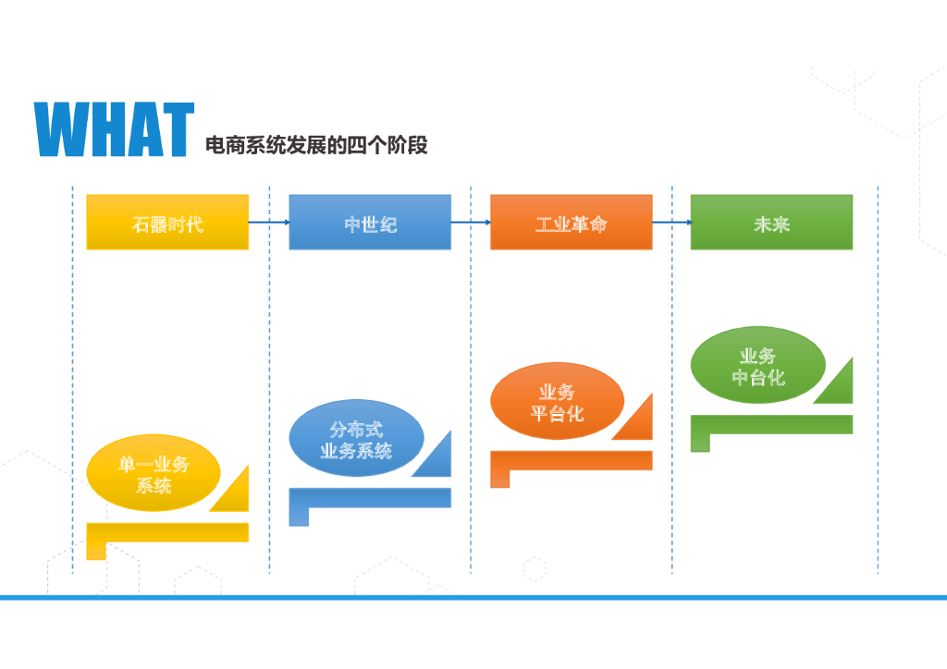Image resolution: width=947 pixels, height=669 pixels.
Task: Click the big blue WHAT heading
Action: (114, 129)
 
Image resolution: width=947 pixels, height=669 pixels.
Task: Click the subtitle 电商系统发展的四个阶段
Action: (316, 145)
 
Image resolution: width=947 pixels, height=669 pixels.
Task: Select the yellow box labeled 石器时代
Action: (167, 223)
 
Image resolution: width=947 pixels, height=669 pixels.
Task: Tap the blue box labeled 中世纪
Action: (370, 223)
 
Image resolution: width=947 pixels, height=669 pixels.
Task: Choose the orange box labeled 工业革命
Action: (571, 223)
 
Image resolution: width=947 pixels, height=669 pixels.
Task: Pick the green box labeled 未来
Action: (771, 223)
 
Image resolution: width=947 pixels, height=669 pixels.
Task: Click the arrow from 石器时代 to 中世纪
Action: (269, 222)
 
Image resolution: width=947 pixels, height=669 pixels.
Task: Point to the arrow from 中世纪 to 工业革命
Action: (471, 222)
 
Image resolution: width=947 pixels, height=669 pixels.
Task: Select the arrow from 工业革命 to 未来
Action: (671, 222)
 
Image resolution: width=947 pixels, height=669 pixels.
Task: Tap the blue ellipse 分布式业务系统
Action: (356, 440)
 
